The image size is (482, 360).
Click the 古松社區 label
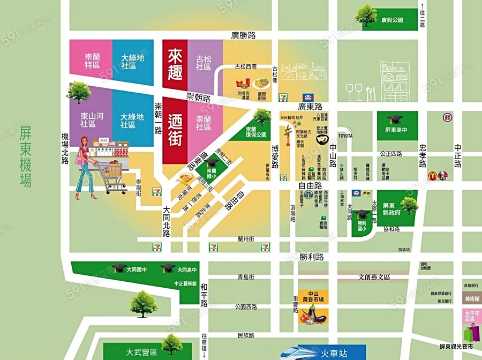pyautogui.click(x=204, y=63)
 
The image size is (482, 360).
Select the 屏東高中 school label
pyautogui.click(x=397, y=130)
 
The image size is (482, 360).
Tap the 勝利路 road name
pyautogui.click(x=312, y=257)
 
